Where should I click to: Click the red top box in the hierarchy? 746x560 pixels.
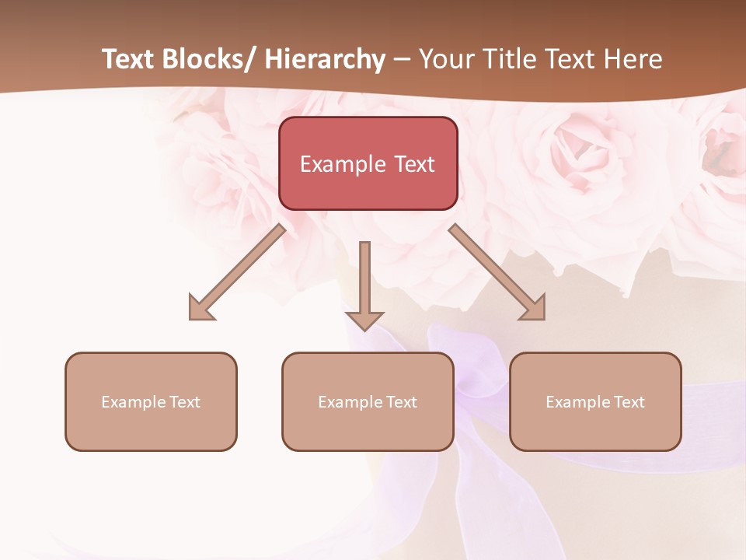(368, 163)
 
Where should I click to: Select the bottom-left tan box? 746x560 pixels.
(151, 401)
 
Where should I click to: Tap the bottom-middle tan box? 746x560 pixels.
(368, 401)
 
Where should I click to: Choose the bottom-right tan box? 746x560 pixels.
(595, 401)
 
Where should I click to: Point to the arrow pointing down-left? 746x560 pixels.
(237, 272)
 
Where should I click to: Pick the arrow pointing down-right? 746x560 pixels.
(497, 272)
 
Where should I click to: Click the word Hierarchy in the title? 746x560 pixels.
(325, 59)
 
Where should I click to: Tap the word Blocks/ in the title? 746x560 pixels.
(208, 59)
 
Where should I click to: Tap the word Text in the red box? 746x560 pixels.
(413, 164)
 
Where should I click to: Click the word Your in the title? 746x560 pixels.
(445, 59)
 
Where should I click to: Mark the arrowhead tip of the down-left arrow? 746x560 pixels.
(190, 319)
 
